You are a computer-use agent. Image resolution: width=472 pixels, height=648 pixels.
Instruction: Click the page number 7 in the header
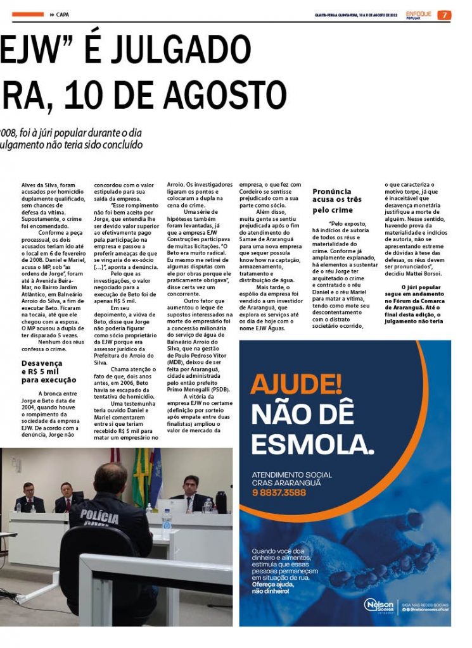(444, 15)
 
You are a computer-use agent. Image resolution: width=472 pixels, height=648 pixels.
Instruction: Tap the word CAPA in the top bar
(63, 15)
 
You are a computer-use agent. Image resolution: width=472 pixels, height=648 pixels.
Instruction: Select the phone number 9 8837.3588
(279, 492)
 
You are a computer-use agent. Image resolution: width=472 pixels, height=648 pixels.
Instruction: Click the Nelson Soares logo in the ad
(380, 605)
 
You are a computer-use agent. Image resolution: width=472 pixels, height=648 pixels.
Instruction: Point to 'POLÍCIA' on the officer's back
(99, 513)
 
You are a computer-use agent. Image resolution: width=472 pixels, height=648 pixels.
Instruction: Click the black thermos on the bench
(221, 502)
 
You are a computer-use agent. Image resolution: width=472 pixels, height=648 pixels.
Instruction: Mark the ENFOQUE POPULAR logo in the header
(419, 15)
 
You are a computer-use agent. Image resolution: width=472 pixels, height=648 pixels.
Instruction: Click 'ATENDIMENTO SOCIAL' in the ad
(284, 475)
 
